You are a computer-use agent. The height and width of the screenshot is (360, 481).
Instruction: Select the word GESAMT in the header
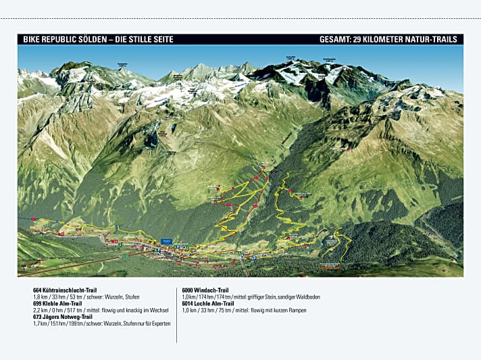coord(336,39)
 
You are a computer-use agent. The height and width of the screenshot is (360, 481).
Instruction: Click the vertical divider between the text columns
coord(177,313)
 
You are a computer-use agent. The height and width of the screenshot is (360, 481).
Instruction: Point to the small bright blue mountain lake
coord(174,127)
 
